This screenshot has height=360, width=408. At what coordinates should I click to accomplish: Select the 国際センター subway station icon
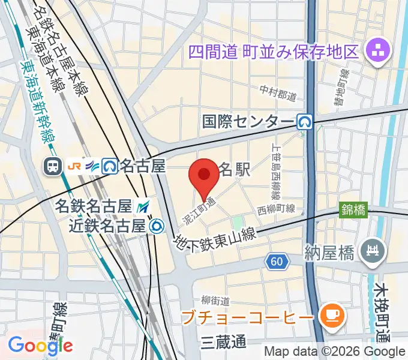coord(305,122)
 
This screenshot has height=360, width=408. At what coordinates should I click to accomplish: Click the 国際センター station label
coord(248,122)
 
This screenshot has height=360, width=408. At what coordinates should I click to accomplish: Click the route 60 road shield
coord(277,262)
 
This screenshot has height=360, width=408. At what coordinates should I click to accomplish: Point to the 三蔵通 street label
coord(224,342)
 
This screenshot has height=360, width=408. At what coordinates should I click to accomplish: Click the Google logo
coord(40,345)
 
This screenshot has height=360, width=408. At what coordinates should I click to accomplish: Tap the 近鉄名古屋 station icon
coord(157,226)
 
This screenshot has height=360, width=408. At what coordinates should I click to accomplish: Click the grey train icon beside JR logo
coord(52,166)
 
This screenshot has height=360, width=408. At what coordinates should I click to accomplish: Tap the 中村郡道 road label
coord(278,93)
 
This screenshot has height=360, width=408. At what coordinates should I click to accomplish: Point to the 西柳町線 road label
coord(276,209)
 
